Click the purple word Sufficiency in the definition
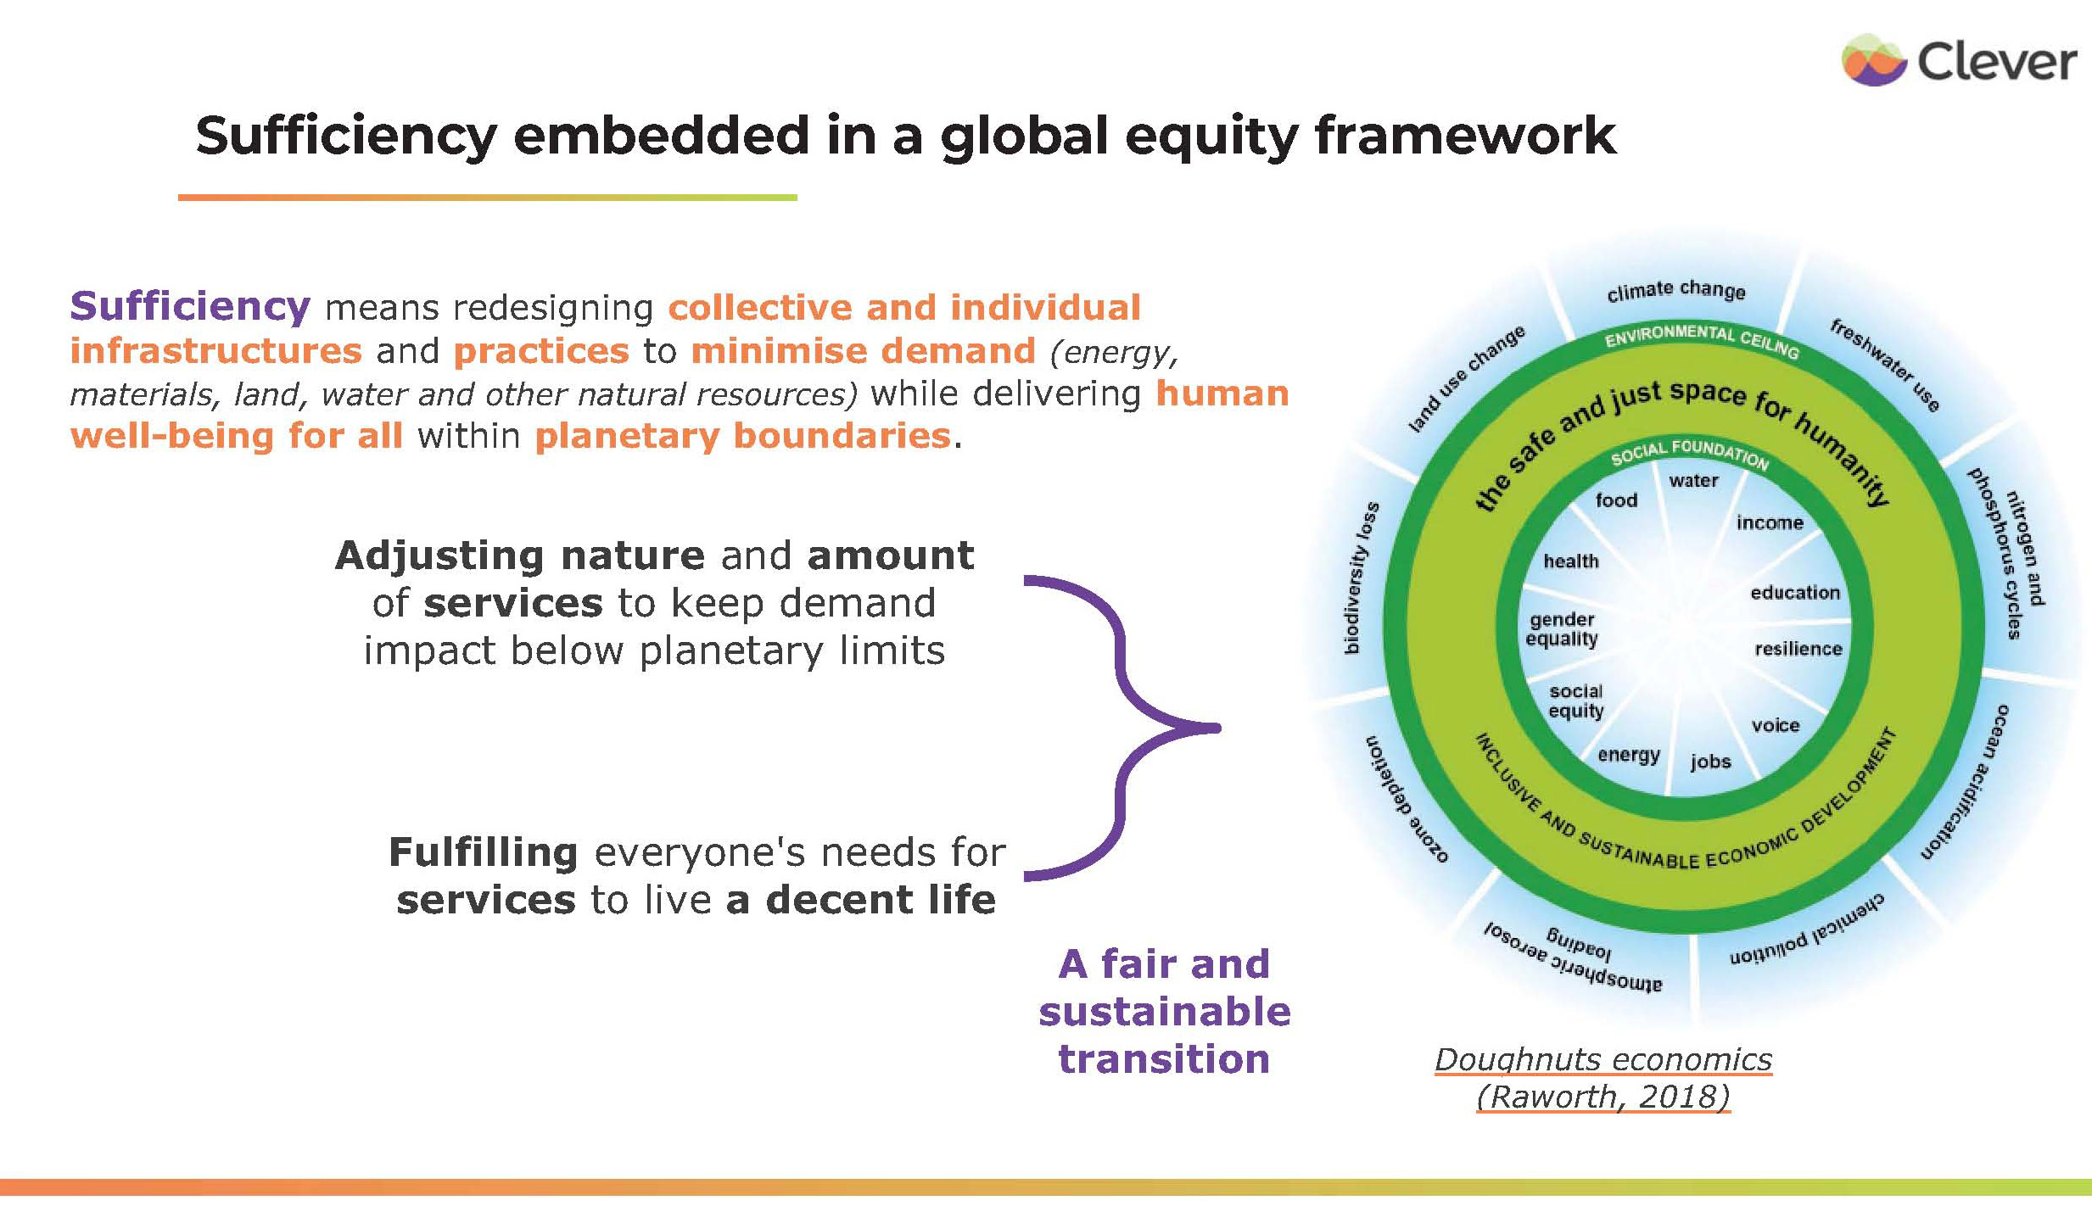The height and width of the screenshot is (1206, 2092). click(190, 306)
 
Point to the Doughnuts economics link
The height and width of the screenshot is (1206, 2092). click(1603, 1060)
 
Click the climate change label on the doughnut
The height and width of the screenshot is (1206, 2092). click(1675, 290)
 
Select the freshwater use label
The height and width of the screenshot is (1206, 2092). click(1884, 365)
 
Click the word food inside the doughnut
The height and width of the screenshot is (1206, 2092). click(1616, 500)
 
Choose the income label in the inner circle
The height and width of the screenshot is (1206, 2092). click(1770, 522)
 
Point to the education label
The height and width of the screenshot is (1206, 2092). click(1795, 593)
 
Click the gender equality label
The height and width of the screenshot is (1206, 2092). click(1561, 629)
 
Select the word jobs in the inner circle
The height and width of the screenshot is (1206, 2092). click(1710, 762)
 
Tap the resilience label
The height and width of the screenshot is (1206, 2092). click(1798, 649)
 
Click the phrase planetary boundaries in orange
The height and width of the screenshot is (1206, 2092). click(742, 436)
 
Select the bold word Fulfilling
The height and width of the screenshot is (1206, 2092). click(484, 852)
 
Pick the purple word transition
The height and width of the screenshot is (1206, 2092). click(1164, 1059)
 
